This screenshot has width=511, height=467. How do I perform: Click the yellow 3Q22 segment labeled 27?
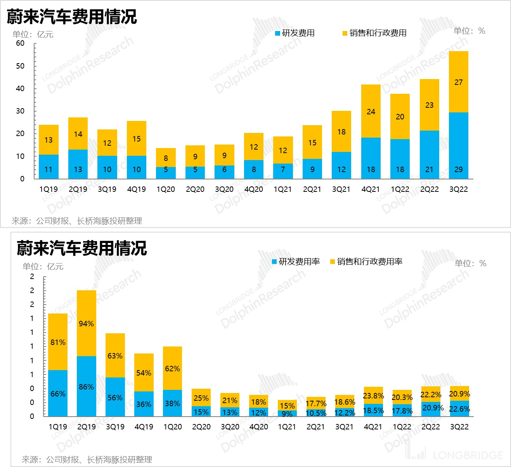pos(458,82)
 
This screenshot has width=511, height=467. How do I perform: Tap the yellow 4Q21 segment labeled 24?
pos(371,111)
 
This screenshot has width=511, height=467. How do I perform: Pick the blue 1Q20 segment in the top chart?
pos(166,173)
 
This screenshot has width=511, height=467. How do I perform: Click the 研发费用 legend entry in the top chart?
pos(295,33)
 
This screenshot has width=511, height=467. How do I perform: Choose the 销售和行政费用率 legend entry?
pos(366,262)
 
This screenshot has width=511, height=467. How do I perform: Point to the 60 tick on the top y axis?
pos(20,43)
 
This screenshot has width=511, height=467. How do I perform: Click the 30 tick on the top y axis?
pos(20,111)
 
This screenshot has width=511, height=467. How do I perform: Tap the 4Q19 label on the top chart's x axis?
pos(136,190)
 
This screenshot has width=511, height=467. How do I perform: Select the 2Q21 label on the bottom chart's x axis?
pos(315,427)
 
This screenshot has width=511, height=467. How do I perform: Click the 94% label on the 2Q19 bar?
pos(86,324)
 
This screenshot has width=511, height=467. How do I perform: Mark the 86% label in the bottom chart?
pos(86,387)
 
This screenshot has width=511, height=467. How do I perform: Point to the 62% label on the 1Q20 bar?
pos(172,369)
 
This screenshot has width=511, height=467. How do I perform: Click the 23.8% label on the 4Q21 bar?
pos(373,396)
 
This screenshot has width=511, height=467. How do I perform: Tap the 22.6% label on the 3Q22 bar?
pos(459,409)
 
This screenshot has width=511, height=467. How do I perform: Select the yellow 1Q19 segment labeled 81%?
pos(58,342)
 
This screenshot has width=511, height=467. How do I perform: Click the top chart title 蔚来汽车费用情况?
pos(72,17)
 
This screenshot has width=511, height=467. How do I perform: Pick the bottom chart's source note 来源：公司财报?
pos(87,460)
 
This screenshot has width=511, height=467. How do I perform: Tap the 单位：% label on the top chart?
pos(469,31)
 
